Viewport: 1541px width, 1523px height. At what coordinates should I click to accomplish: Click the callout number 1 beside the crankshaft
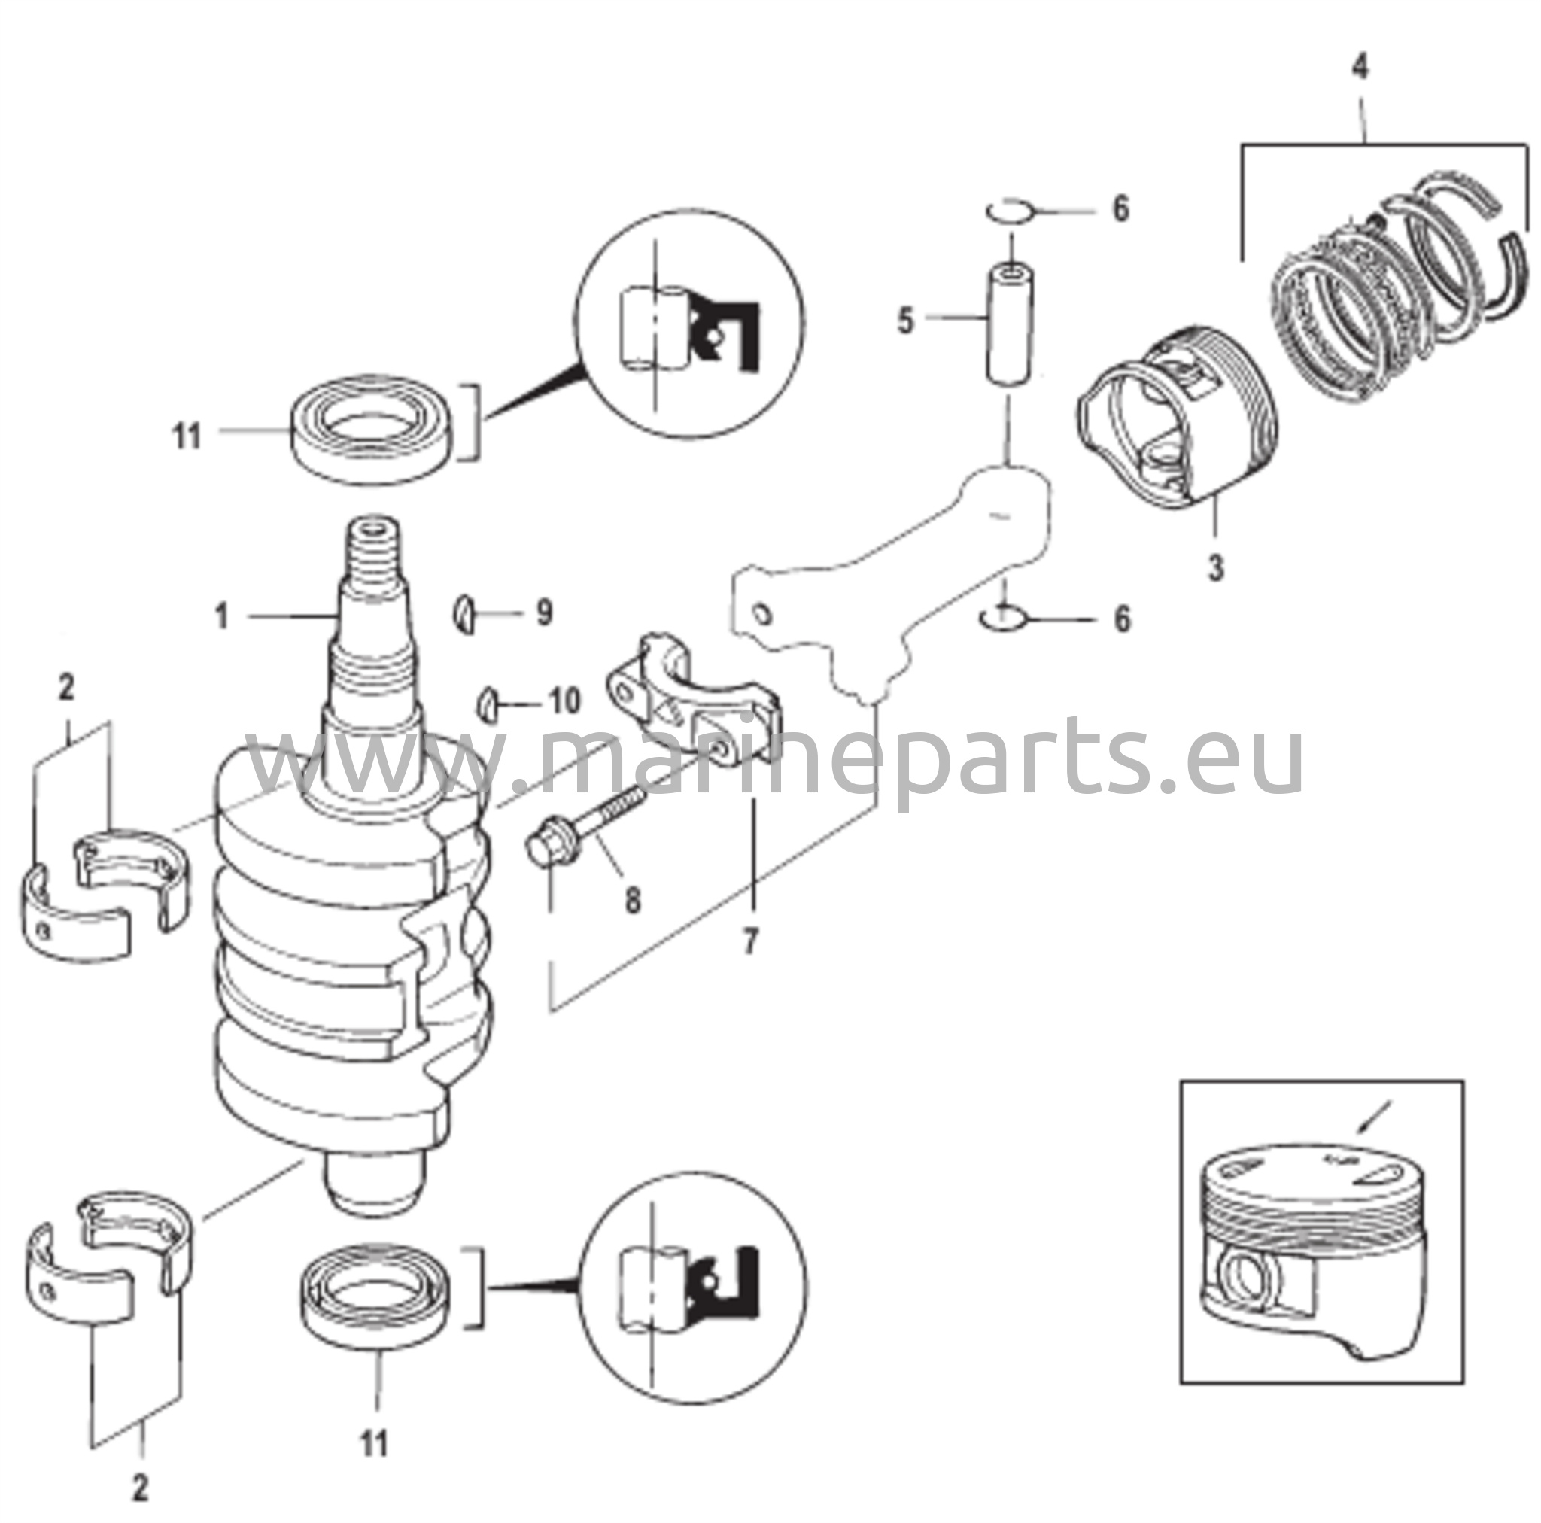(x=222, y=616)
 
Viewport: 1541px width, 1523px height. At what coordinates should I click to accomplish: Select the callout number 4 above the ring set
(x=1360, y=68)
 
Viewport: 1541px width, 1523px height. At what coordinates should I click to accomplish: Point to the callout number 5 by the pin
(x=904, y=321)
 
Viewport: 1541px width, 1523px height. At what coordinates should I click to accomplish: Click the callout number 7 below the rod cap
(x=749, y=942)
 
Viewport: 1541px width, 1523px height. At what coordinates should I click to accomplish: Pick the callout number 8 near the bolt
(x=632, y=901)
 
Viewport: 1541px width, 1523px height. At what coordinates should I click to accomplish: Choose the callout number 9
(x=543, y=613)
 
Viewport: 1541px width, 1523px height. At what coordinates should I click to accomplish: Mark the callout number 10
(x=563, y=702)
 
